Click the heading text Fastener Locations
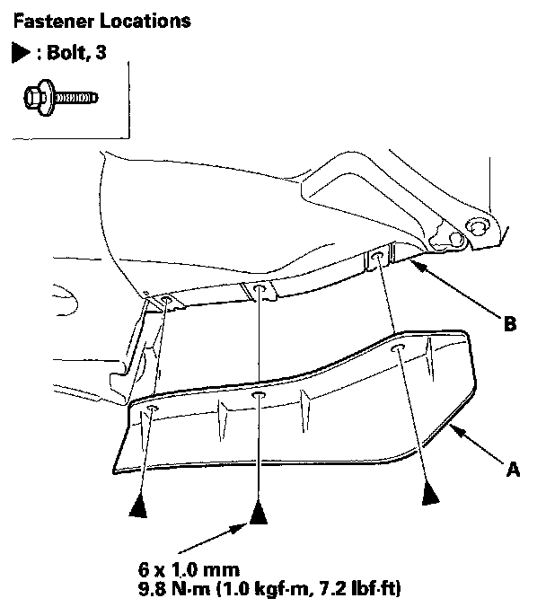tap(83, 19)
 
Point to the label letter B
tap(509, 325)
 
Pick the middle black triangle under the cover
tap(260, 515)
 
